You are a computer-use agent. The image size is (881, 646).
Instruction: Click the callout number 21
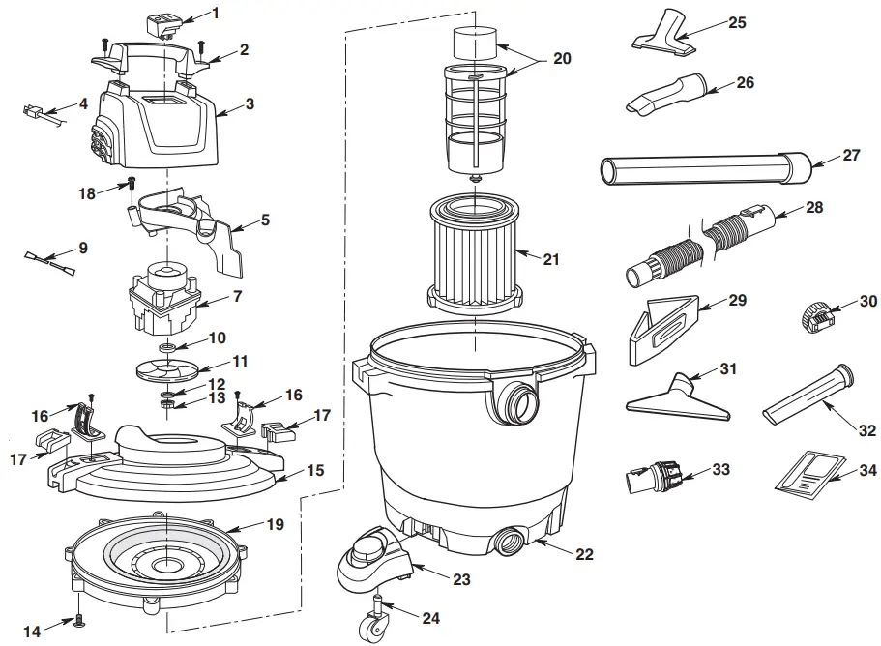click(551, 259)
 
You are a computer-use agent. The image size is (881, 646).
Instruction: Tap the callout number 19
click(275, 526)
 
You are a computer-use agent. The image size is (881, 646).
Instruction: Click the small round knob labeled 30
click(816, 315)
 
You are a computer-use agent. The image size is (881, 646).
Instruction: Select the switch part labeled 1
click(161, 23)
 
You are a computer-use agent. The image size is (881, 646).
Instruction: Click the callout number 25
click(737, 22)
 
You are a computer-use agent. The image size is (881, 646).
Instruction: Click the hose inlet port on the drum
click(517, 399)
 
